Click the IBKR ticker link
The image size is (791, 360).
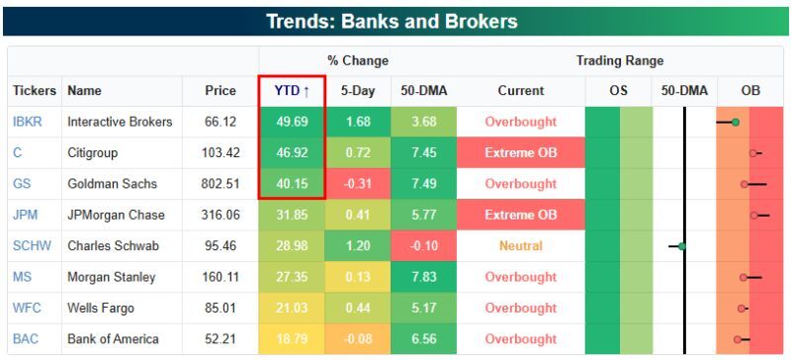tap(27, 122)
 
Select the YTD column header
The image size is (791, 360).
tap(292, 91)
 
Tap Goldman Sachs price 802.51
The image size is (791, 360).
tap(220, 184)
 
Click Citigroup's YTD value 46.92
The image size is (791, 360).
tap(292, 153)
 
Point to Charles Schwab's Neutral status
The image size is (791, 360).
tap(520, 246)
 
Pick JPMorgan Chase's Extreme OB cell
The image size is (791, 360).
tap(520, 215)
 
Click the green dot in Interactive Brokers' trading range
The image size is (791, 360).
tap(735, 122)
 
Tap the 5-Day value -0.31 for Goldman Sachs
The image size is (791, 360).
tap(358, 184)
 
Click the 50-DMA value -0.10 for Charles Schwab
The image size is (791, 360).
tap(423, 246)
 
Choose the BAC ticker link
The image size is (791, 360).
tap(26, 339)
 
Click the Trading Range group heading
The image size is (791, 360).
tap(620, 60)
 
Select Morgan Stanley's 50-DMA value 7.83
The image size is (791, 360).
tap(423, 277)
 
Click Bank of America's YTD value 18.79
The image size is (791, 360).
tap(292, 339)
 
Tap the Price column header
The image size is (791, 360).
tap(220, 91)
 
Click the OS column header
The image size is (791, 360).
tap(619, 91)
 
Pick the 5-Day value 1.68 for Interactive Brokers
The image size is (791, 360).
tap(358, 122)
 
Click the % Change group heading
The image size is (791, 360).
tap(358, 60)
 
